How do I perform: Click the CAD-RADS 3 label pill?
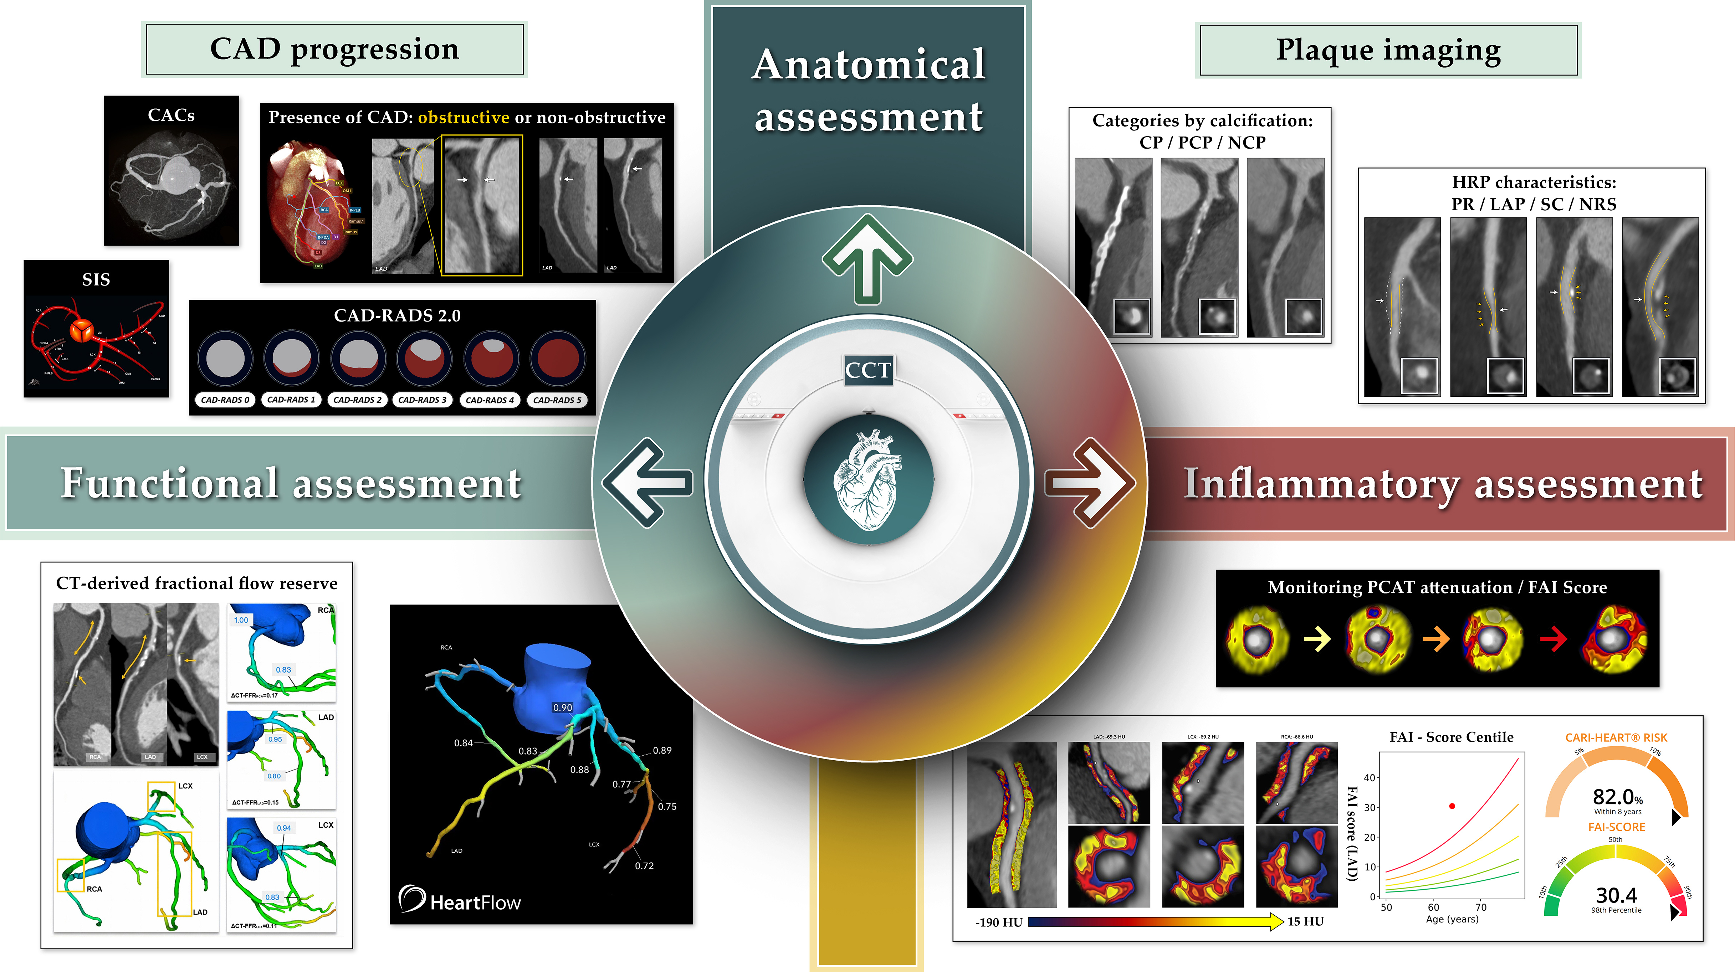[422, 400]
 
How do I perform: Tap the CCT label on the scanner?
[868, 370]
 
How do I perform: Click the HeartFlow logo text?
[475, 902]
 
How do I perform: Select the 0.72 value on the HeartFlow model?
[644, 866]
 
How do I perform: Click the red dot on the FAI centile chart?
[1452, 806]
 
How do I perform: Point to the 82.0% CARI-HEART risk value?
[1617, 798]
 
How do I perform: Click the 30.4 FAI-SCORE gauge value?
[1616, 895]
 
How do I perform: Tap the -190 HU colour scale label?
[999, 922]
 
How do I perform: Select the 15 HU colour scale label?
[1305, 921]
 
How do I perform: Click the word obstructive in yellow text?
[464, 118]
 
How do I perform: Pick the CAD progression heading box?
[335, 49]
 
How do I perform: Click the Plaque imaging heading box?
[1388, 51]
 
